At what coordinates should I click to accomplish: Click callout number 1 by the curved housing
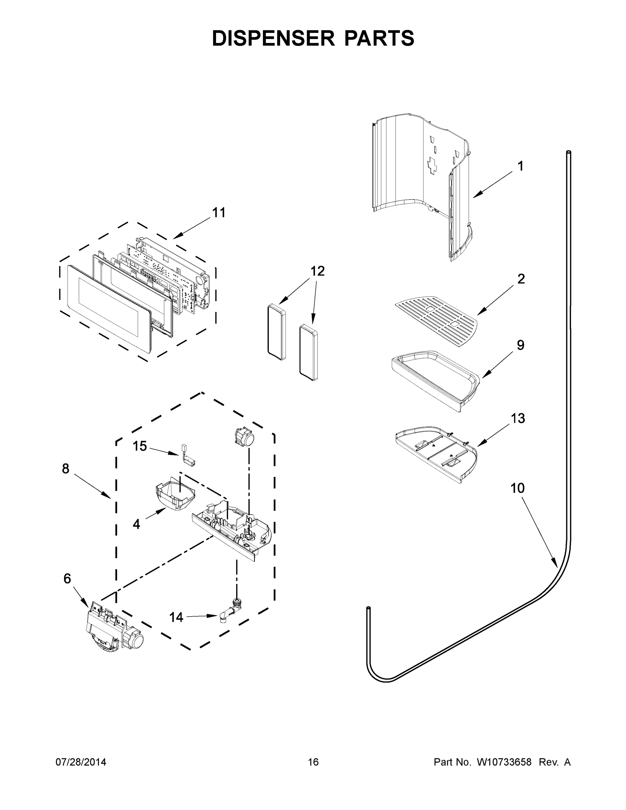[x=520, y=166]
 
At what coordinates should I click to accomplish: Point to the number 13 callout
[x=518, y=418]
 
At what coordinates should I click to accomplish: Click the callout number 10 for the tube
[x=517, y=488]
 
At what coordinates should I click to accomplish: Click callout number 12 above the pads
[x=318, y=271]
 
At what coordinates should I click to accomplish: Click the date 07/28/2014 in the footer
[x=81, y=762]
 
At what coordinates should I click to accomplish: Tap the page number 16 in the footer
[x=313, y=762]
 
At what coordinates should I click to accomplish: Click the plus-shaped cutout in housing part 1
[x=432, y=164]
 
